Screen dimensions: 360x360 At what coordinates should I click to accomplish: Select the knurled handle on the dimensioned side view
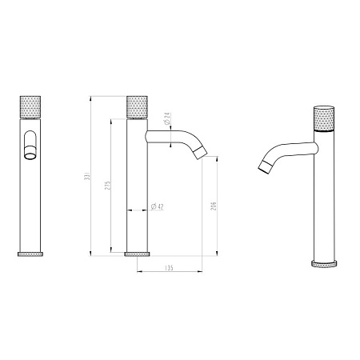[x=137, y=109]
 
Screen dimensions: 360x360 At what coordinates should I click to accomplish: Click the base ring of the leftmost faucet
[x=29, y=253]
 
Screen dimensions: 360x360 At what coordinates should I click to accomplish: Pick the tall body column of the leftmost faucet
[x=29, y=200]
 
